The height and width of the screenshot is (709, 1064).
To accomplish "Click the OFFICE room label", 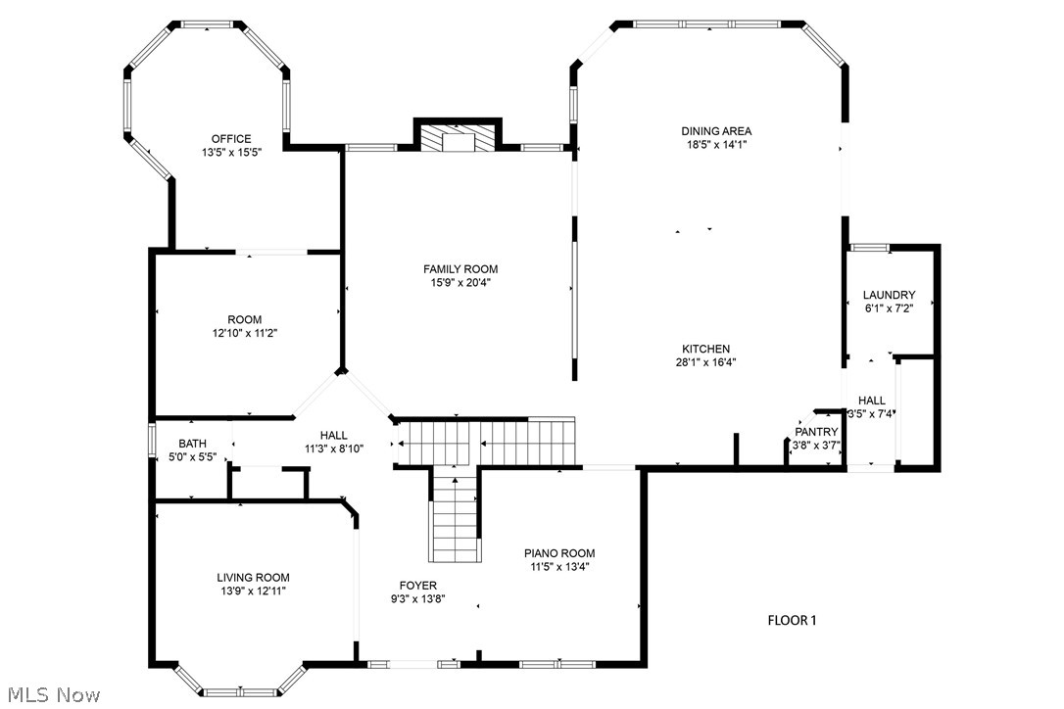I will pos(231,139).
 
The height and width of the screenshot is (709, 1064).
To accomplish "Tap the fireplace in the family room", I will pos(458,138).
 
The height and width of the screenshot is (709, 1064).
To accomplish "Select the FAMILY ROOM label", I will pos(460,269).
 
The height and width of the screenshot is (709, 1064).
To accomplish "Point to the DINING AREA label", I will pos(717,131).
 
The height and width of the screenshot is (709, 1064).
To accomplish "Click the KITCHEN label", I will pos(706,349).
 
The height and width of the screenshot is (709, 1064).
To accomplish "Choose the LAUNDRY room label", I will pos(889,295).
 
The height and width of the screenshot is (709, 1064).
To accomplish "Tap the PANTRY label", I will pos(816,432).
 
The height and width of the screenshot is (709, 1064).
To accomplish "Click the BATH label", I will pos(192,444).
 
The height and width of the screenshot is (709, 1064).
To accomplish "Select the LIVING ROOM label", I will pos(253,578).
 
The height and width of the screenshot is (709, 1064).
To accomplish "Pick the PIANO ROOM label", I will pos(559,553).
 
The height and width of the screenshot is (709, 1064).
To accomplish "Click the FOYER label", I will pos(417,586).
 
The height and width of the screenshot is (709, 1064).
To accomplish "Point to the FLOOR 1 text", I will pos(792,620).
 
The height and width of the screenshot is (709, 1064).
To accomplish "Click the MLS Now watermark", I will pos(51,695).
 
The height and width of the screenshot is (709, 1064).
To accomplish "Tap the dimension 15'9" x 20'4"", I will pos(460,283).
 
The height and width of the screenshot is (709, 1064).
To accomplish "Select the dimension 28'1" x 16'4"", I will pos(706,362).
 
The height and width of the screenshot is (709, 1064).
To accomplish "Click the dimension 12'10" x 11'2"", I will pos(245,333).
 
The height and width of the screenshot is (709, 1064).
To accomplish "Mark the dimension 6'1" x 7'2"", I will pos(889,308).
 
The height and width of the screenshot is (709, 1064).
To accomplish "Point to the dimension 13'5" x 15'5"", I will pos(231,153).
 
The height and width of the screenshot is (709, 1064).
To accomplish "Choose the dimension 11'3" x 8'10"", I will pos(333,449).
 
